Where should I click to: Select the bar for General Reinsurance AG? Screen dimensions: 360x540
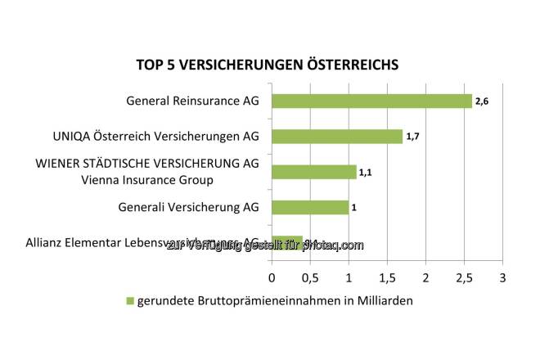coord(371,101)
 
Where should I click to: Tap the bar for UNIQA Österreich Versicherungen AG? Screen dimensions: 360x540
coord(337,137)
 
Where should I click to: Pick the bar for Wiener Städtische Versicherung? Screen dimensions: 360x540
coord(313,172)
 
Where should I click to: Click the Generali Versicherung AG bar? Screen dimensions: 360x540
coord(310,207)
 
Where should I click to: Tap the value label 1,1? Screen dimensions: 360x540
coord(365,172)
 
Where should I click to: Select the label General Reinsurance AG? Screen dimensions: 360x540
coord(192,102)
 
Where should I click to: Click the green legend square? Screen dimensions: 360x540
coord(128,301)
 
